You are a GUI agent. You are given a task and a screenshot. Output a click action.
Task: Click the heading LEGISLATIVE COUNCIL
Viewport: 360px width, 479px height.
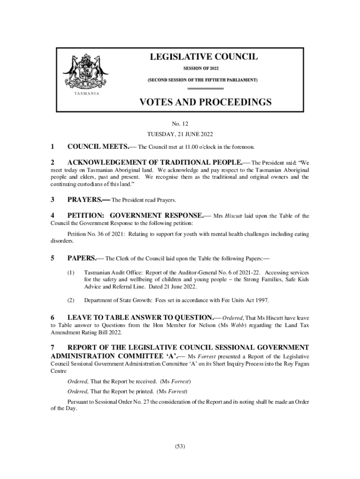[x=203, y=57]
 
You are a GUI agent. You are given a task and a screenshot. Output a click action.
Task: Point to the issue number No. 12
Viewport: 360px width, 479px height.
[x=180, y=124]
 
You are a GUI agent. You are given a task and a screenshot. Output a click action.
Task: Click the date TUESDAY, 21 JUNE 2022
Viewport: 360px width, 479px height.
[x=180, y=135]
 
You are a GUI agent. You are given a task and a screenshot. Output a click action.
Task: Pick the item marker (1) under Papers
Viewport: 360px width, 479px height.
[x=71, y=272]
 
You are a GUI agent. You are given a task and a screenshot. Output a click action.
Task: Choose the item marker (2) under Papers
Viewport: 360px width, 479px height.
[x=71, y=300]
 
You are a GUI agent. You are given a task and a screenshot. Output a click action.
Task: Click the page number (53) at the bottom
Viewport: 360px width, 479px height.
[x=180, y=446]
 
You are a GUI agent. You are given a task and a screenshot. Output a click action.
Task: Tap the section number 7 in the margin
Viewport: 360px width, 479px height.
[x=53, y=348]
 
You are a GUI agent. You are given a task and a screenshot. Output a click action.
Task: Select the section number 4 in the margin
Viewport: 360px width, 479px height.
[x=53, y=216]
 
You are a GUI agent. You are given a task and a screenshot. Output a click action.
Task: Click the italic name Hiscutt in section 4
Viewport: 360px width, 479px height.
[x=234, y=216]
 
